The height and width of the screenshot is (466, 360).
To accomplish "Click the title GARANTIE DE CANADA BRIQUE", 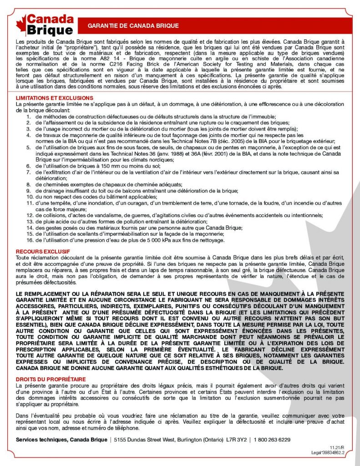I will [133, 26].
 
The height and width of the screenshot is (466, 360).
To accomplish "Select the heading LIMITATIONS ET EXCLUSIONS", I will [55, 98].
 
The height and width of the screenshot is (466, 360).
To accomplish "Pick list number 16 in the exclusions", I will [28, 240].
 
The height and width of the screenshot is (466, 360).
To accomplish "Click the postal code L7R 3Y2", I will [237, 440].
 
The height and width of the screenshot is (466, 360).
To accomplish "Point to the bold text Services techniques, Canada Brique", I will [61, 440].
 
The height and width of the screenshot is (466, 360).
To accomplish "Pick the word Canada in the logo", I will [50, 20].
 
